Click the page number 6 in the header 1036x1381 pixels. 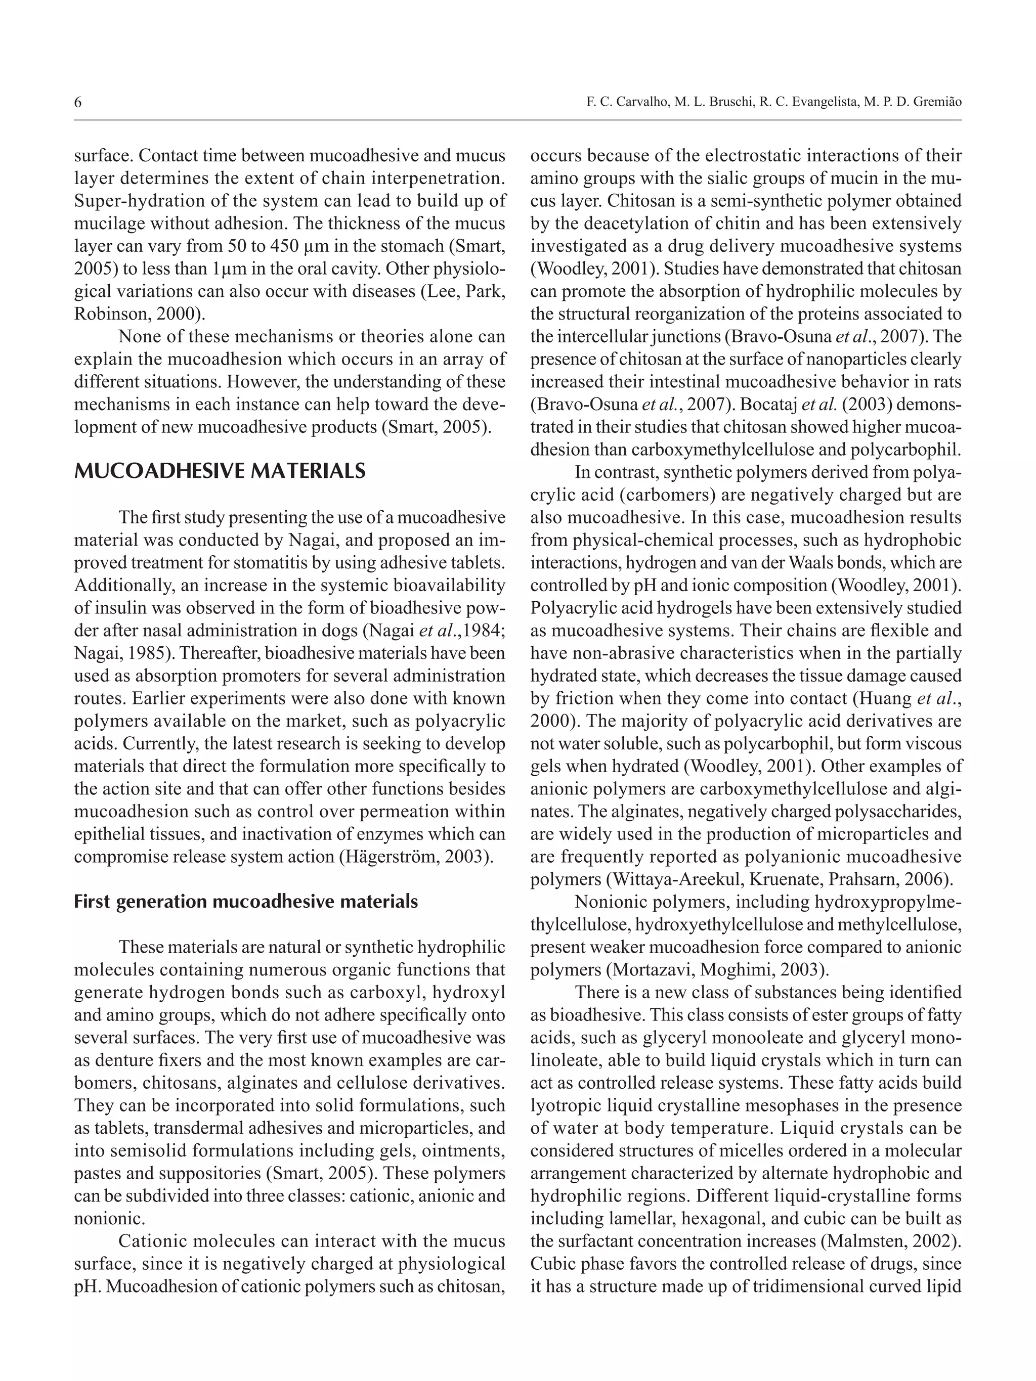[77, 102]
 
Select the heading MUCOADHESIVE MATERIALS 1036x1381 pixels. [220, 471]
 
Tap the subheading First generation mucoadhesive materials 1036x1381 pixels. [245, 902]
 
